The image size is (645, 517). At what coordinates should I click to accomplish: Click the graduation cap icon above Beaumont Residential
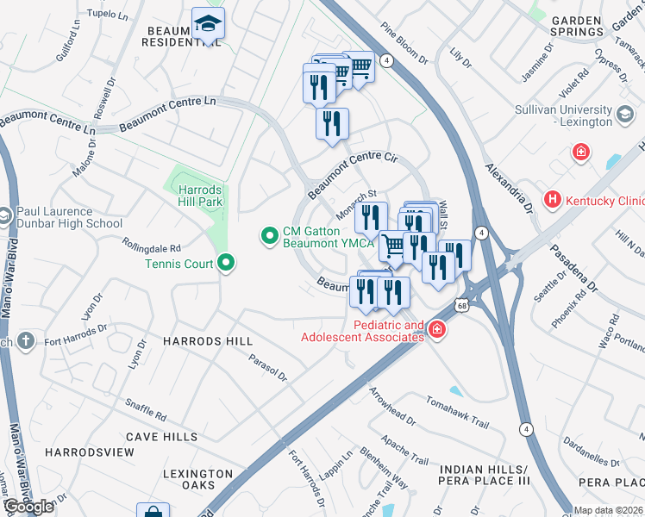coord(208,23)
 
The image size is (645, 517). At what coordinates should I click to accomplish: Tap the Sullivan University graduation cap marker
coord(625,113)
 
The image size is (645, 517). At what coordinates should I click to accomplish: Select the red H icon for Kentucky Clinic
coord(553,200)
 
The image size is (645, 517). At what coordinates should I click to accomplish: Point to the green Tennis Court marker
coord(227,263)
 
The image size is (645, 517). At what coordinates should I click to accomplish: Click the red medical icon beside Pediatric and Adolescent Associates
coord(437,329)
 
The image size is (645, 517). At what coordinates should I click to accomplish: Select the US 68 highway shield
coord(464,306)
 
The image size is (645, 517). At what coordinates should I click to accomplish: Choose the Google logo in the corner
coord(28,507)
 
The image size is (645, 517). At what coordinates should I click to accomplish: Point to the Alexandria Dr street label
coord(505,186)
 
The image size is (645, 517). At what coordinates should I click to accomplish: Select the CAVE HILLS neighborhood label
coord(154,437)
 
